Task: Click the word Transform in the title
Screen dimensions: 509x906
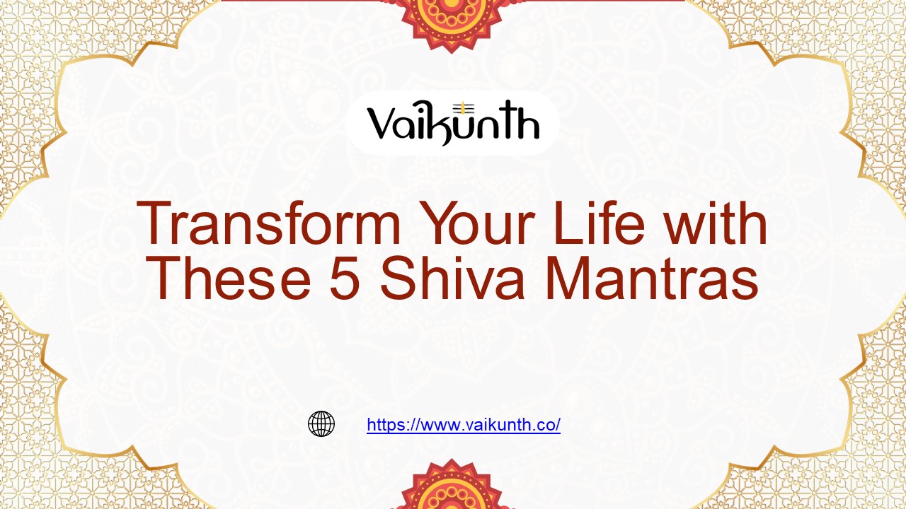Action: tap(269, 225)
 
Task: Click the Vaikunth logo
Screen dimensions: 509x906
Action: tap(453, 124)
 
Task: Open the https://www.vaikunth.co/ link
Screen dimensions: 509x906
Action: tap(464, 425)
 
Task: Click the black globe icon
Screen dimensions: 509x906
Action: tap(321, 424)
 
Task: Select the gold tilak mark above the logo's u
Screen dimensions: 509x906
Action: tap(466, 107)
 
